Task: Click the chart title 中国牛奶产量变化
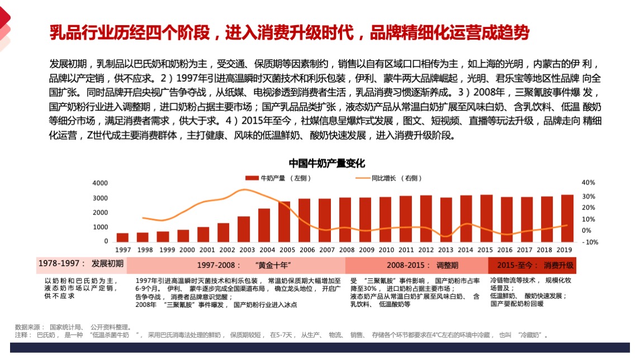[x=326, y=163]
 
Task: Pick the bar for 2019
[x=567, y=218]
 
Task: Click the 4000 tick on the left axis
[x=100, y=183]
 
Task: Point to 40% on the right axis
[x=588, y=183]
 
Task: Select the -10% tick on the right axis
[x=589, y=242]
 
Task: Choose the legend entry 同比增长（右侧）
[x=385, y=178]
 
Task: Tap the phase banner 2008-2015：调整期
[x=416, y=264]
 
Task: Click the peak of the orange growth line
[x=244, y=190]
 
